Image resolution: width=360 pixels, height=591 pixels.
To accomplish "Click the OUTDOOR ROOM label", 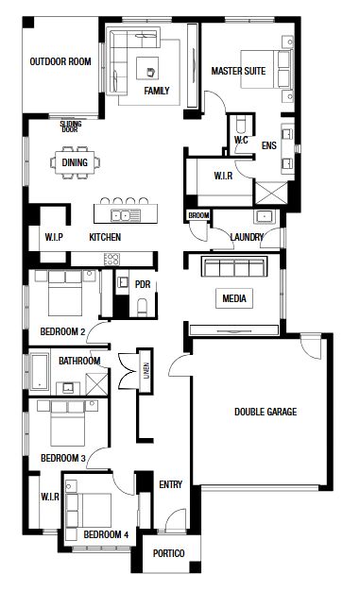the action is (x=60, y=61).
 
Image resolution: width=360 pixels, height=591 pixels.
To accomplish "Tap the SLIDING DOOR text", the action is (x=71, y=127).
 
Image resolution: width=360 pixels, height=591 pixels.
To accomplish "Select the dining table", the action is (x=75, y=162).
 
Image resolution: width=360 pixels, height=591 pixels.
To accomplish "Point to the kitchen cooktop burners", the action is (x=111, y=259).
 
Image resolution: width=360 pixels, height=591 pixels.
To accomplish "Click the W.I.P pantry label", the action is (x=54, y=237).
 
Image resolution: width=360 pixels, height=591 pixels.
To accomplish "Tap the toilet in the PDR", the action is (x=143, y=307).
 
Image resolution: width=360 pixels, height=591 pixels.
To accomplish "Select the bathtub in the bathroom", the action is (x=40, y=372).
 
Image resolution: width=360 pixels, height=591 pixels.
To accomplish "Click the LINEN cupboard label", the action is (x=146, y=370).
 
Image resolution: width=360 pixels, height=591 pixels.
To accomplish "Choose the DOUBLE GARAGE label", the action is (x=266, y=412).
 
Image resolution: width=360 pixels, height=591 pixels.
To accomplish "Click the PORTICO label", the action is (x=169, y=553).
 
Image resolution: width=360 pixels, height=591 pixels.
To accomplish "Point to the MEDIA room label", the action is (x=234, y=298).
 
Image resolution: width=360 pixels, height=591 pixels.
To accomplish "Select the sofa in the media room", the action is (x=234, y=266).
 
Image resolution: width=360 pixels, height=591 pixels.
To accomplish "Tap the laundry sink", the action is (x=265, y=217).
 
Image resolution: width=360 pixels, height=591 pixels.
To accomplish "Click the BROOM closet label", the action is (x=198, y=215).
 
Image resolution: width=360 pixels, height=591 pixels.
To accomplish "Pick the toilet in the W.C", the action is (x=240, y=124).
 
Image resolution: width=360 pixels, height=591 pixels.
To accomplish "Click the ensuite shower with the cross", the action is (x=272, y=194).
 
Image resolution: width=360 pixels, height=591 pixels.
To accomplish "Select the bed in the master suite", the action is (x=266, y=69).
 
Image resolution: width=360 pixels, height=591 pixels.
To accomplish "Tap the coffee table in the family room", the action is (x=147, y=68).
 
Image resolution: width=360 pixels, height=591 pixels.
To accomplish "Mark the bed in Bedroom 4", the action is (x=89, y=511).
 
